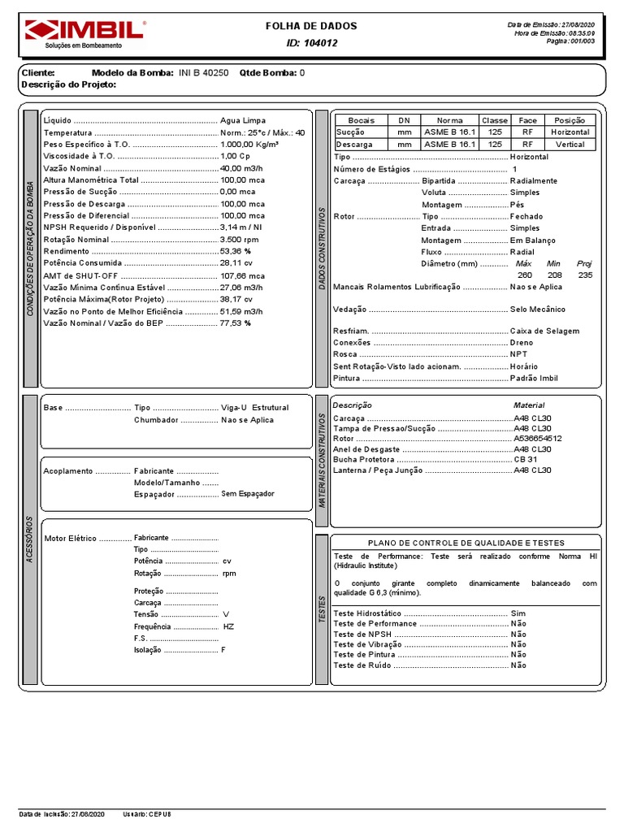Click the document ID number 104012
(323, 43)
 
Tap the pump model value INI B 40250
(202, 72)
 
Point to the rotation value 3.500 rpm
(240, 240)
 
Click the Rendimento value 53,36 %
(236, 252)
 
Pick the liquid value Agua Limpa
(243, 120)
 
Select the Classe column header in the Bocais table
(494, 120)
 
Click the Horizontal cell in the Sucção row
(570, 132)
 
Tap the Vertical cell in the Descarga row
(570, 145)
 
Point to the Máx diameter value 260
(525, 275)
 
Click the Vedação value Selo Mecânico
(537, 310)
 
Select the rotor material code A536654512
(538, 438)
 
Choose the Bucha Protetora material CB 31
(526, 459)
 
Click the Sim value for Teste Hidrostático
(518, 613)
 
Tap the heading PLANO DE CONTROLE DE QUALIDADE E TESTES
(466, 543)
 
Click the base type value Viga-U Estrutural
(254, 407)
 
